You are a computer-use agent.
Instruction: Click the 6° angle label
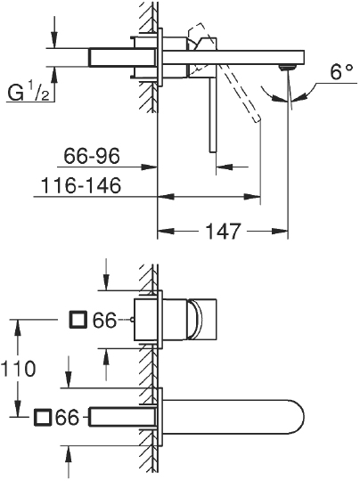(x=340, y=74)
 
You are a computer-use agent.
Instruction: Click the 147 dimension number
(x=219, y=232)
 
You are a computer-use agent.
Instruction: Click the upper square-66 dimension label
(x=93, y=319)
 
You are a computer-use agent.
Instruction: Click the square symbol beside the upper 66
(x=78, y=319)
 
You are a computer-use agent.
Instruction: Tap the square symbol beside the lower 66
(x=41, y=417)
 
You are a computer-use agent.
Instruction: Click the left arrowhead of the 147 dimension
(x=163, y=232)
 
